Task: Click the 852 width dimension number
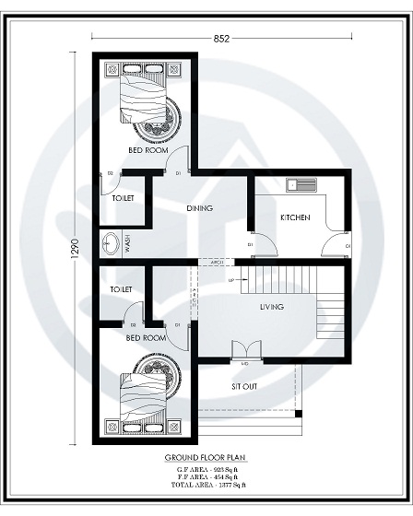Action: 220,38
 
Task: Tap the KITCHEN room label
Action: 295,217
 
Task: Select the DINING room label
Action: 199,208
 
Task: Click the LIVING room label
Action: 271,307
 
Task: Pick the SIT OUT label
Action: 244,386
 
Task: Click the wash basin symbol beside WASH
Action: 112,243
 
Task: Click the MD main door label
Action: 245,363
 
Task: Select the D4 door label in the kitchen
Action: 348,246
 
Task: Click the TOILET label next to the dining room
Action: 123,198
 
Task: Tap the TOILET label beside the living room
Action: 121,289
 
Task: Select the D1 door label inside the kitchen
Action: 251,243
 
